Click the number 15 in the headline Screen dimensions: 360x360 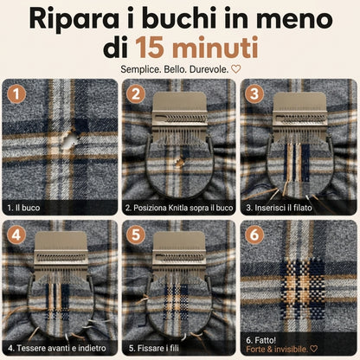tap(151, 48)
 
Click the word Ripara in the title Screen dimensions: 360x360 tap(74, 19)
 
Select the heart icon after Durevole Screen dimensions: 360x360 tap(236, 69)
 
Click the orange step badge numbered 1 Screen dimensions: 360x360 tap(16, 94)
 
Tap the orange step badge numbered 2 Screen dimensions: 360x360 tap(136, 94)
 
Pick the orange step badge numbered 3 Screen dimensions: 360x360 tap(254, 94)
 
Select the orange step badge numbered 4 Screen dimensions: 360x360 tap(16, 235)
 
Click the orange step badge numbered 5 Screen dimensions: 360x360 tap(136, 235)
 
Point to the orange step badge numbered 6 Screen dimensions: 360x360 tap(254, 235)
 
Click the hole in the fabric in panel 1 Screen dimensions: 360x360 tap(70, 139)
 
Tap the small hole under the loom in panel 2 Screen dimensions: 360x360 tap(180, 163)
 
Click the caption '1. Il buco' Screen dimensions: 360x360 tap(23, 208)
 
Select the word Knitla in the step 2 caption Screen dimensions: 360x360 tap(179, 208)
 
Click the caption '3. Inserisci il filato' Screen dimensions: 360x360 tap(279, 208)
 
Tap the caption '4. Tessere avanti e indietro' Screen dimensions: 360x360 tap(57, 348)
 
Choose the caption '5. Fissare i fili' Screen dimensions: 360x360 tap(154, 348)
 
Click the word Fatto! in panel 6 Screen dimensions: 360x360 tap(266, 340)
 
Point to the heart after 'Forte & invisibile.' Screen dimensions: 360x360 tap(313, 349)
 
